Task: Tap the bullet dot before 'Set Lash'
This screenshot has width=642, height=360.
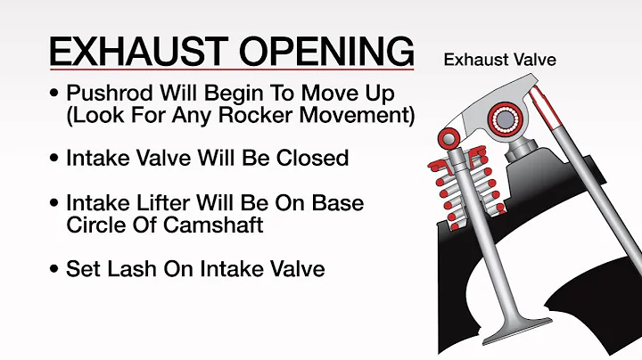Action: (56, 267)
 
